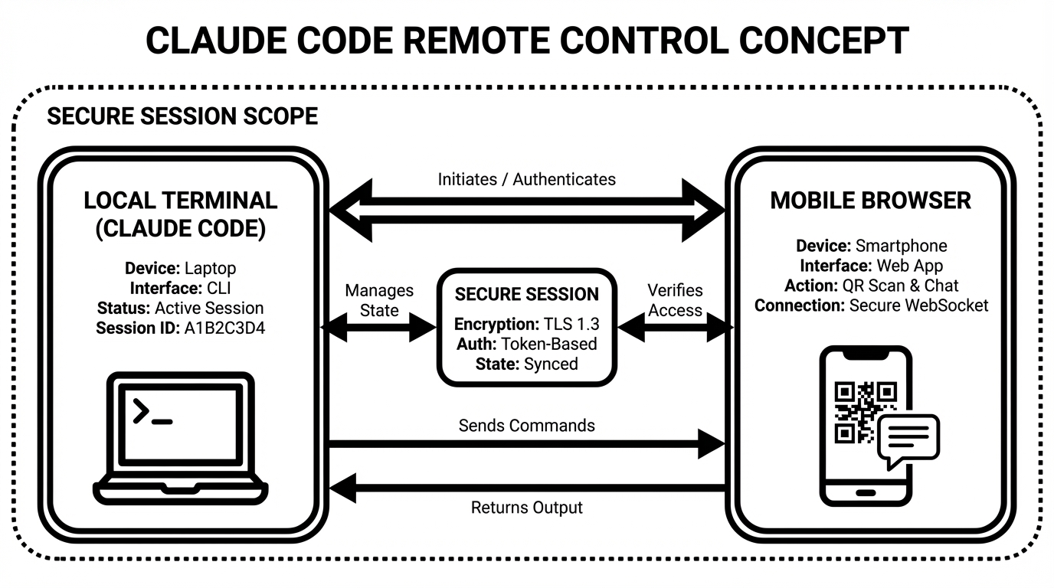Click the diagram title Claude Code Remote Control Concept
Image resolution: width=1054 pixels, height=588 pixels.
(x=527, y=40)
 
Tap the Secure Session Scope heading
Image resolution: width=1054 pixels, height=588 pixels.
(x=182, y=116)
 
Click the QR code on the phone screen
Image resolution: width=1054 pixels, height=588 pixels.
(x=855, y=413)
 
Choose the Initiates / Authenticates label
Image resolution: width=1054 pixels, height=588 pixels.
(x=527, y=179)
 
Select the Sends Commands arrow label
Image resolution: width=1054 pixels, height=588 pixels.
(x=527, y=425)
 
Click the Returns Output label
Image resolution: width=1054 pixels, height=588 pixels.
(x=527, y=508)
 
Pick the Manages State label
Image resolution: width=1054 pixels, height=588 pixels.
(x=379, y=300)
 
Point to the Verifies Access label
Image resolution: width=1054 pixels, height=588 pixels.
(x=675, y=300)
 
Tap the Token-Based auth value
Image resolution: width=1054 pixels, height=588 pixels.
(x=548, y=343)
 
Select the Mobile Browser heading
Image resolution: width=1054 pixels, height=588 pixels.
(x=870, y=201)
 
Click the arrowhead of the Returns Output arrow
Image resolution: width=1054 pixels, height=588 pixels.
(x=342, y=488)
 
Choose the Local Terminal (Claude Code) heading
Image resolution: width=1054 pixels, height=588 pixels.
(x=181, y=215)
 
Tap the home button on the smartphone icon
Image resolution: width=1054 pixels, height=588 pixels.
(x=866, y=492)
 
